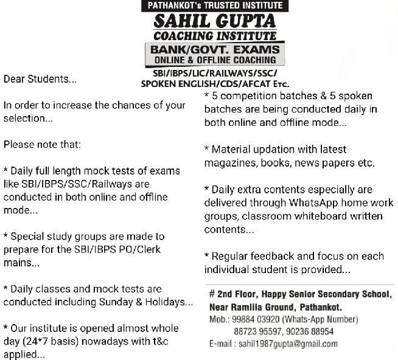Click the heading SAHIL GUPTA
point(215,21)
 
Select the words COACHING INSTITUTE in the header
point(215,36)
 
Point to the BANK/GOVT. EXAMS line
point(215,49)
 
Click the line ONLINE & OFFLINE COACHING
point(215,60)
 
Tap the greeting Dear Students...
point(40,79)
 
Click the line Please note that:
point(42,145)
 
